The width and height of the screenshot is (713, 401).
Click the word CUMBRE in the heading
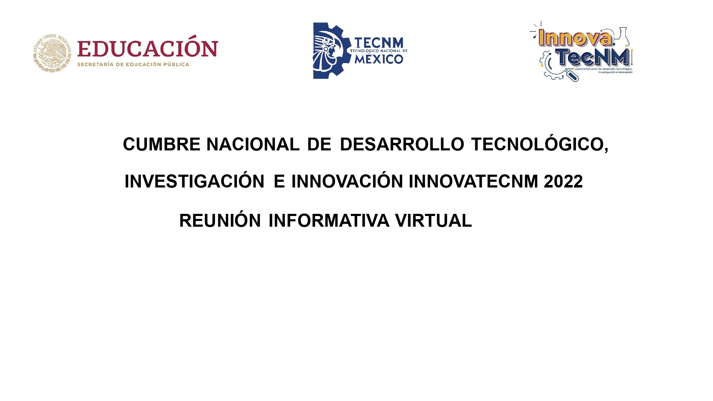coord(162,144)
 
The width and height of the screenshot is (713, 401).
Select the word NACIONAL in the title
coord(253,144)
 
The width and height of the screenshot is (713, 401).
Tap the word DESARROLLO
coord(402,144)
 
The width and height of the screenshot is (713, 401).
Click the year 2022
coord(563,181)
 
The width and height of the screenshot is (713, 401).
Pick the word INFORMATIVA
coord(329,221)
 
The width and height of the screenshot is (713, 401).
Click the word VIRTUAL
coord(434,221)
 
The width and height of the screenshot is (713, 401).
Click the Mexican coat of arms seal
coord(52,53)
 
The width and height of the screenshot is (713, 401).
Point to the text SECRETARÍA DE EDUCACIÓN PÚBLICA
coord(133,65)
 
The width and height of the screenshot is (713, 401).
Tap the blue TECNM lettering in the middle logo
coord(379,43)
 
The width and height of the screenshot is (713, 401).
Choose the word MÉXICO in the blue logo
coord(379,59)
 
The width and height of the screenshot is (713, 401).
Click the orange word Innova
coord(575,37)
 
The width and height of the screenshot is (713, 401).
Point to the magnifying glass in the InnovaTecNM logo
coord(571,75)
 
